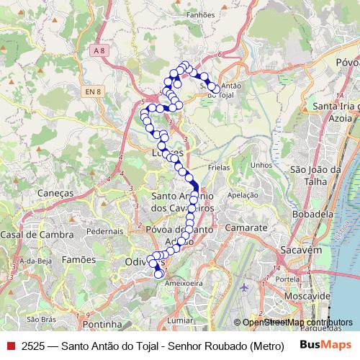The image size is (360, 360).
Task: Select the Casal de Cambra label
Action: pyautogui.click(x=37, y=235)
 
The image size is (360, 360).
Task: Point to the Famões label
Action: pyautogui.click(x=78, y=258)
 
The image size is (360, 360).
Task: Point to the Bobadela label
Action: pyautogui.click(x=312, y=214)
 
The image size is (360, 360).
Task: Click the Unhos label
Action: pyautogui.click(x=261, y=165)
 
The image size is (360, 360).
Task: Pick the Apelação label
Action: pyautogui.click(x=242, y=195)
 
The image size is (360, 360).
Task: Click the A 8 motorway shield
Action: pyautogui.click(x=99, y=49)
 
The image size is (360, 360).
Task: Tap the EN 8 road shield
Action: pyautogui.click(x=91, y=91)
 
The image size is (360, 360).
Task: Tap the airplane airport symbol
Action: pyautogui.click(x=243, y=287)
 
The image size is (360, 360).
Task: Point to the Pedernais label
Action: pyautogui.click(x=106, y=231)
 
